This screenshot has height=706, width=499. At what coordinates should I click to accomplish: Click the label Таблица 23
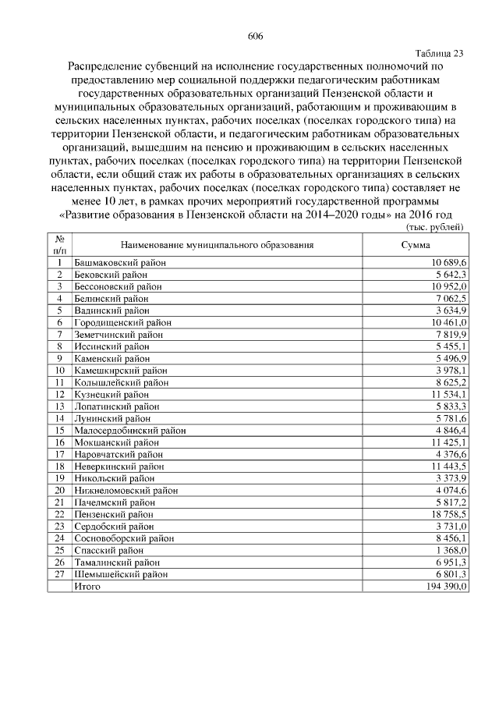click(441, 54)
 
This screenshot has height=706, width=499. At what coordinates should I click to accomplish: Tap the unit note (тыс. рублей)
click(436, 226)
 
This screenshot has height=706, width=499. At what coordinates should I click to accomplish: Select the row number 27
click(59, 573)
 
